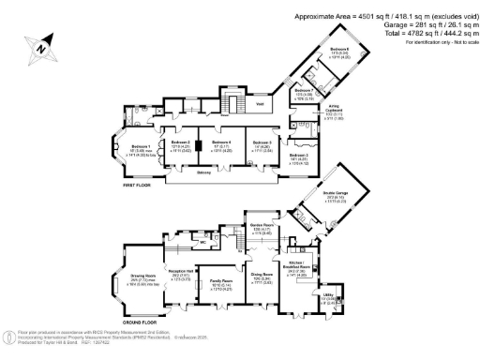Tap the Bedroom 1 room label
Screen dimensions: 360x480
(x=140, y=147)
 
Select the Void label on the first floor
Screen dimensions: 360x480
(x=262, y=104)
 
